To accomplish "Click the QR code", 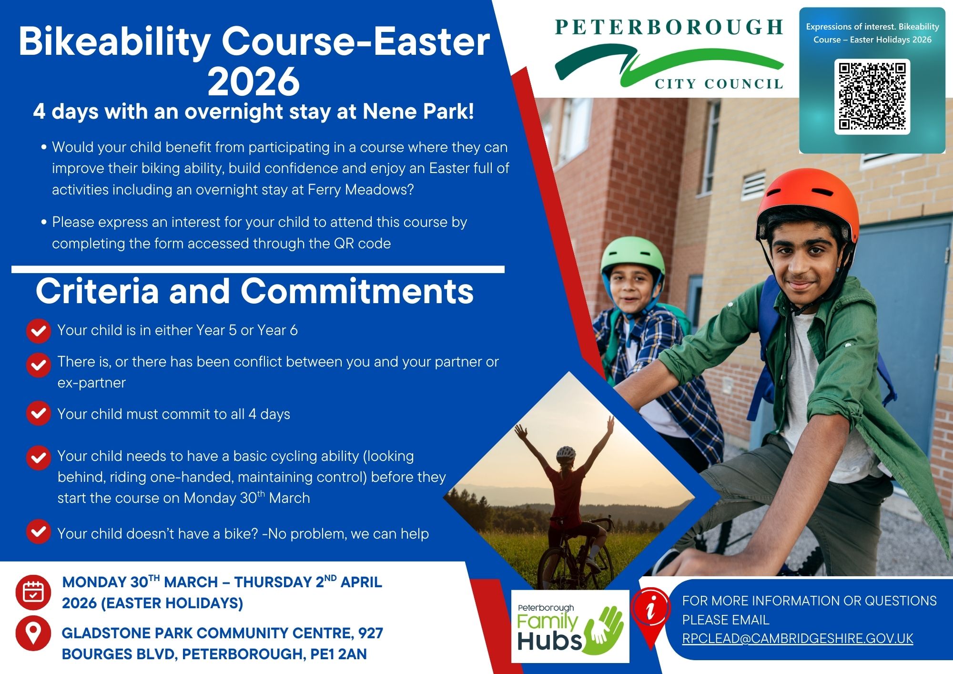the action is pyautogui.click(x=872, y=96).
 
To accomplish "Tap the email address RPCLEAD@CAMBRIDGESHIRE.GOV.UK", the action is pyautogui.click(x=798, y=638).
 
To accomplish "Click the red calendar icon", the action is pyautogui.click(x=33, y=592).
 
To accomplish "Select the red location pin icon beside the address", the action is pyautogui.click(x=33, y=633).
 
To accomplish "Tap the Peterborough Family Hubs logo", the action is pyautogui.click(x=570, y=626).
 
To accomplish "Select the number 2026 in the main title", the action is pyautogui.click(x=254, y=82).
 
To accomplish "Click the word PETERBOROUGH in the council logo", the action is pyautogui.click(x=669, y=27).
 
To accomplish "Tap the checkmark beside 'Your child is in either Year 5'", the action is pyautogui.click(x=39, y=331).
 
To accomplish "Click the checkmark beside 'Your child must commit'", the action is pyautogui.click(x=39, y=413).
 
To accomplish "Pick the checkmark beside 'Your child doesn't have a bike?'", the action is pyautogui.click(x=39, y=532).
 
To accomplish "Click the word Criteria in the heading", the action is pyautogui.click(x=97, y=291).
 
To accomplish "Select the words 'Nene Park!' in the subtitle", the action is pyautogui.click(x=418, y=112).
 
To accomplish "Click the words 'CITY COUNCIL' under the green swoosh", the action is pyautogui.click(x=719, y=84).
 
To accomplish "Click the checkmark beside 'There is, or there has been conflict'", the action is pyautogui.click(x=39, y=365).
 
